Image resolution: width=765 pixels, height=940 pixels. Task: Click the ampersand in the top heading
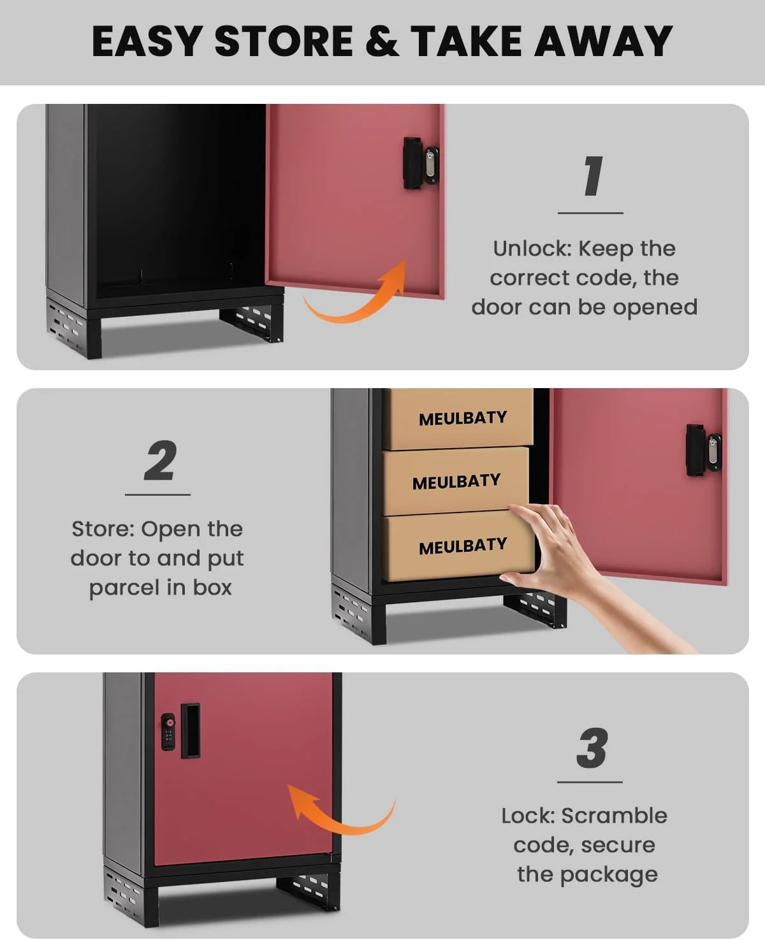click(382, 41)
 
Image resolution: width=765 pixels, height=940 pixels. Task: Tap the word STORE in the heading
click(284, 41)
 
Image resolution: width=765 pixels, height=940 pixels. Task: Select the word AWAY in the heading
click(604, 41)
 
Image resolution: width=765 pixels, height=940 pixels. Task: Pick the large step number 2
click(160, 460)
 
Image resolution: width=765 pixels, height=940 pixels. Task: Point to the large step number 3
click(592, 748)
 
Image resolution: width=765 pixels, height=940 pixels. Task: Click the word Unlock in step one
click(532, 249)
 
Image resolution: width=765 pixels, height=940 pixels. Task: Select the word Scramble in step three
click(614, 816)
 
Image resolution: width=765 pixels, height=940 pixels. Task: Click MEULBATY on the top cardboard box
click(463, 418)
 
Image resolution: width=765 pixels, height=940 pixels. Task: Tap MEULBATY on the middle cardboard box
click(456, 482)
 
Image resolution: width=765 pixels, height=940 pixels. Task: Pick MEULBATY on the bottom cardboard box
click(463, 546)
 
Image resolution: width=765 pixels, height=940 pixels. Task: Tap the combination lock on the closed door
click(168, 732)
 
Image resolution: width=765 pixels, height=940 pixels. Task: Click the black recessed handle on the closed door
click(190, 731)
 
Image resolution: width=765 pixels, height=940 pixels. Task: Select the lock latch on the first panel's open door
click(421, 163)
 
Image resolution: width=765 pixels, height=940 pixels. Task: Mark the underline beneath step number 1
click(590, 213)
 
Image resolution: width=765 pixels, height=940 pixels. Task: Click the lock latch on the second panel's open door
click(704, 450)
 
